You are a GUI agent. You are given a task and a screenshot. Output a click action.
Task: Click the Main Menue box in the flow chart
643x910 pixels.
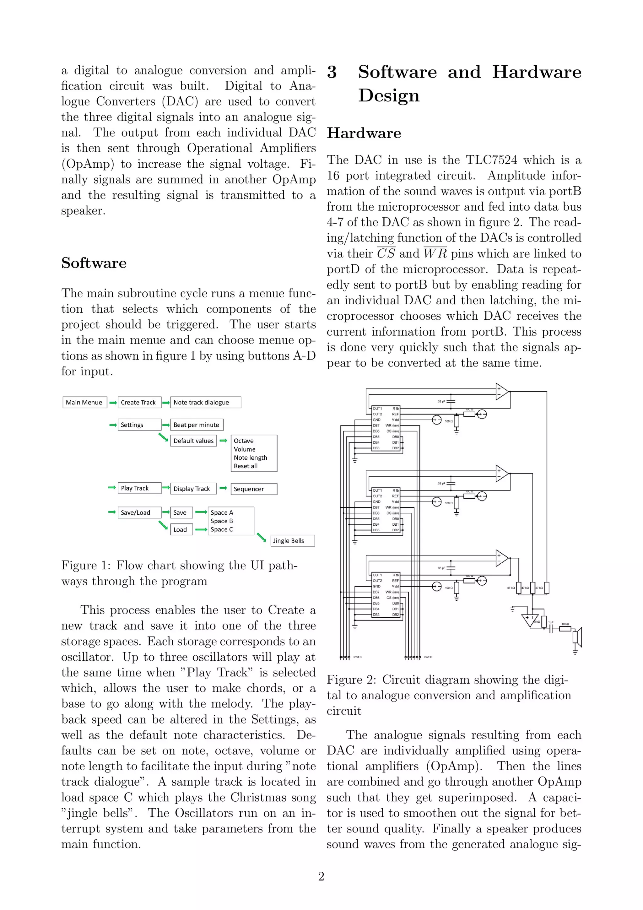pyautogui.click(x=84, y=402)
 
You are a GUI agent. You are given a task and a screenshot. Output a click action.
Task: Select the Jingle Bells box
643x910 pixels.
pyautogui.click(x=292, y=541)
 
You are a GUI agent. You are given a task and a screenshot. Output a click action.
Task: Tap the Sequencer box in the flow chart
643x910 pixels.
pyautogui.click(x=254, y=489)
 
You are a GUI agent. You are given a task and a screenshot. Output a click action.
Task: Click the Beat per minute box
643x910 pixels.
pyautogui.click(x=197, y=425)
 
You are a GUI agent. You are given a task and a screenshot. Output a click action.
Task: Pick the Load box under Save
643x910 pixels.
pyautogui.click(x=181, y=529)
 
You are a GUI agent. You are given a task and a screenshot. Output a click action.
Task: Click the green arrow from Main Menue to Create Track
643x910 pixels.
pyautogui.click(x=113, y=403)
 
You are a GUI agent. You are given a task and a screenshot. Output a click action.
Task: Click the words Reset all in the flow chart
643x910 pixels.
pyautogui.click(x=245, y=466)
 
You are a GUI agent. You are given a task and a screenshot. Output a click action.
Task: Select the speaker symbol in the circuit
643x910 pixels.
pyautogui.click(x=577, y=637)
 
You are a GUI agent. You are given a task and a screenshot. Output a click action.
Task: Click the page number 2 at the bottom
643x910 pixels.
pyautogui.click(x=321, y=877)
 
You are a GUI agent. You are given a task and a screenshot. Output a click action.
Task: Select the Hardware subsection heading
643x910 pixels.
pyautogui.click(x=364, y=133)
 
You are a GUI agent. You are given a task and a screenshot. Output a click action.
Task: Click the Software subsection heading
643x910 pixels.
pyautogui.click(x=94, y=263)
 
